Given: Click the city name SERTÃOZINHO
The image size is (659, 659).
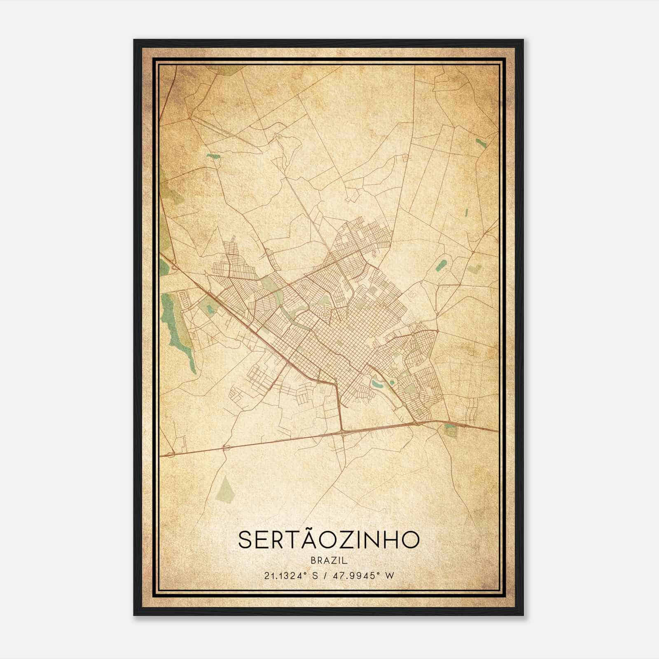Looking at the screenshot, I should pyautogui.click(x=329, y=540).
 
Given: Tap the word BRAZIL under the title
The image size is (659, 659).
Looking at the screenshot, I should pyautogui.click(x=329, y=561).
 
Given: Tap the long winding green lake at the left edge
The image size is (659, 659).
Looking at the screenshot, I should pyautogui.click(x=177, y=329).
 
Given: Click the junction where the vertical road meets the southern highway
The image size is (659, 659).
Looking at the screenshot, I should pyautogui.click(x=342, y=432).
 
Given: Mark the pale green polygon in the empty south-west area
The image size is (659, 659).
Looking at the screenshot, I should pyautogui.click(x=225, y=489).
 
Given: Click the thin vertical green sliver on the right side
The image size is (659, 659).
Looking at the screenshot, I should pyautogui.click(x=466, y=213).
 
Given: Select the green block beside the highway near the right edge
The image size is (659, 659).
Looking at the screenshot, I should pyautogui.click(x=450, y=431).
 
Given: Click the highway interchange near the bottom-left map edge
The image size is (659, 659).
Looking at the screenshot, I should pyautogui.click(x=171, y=454).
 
